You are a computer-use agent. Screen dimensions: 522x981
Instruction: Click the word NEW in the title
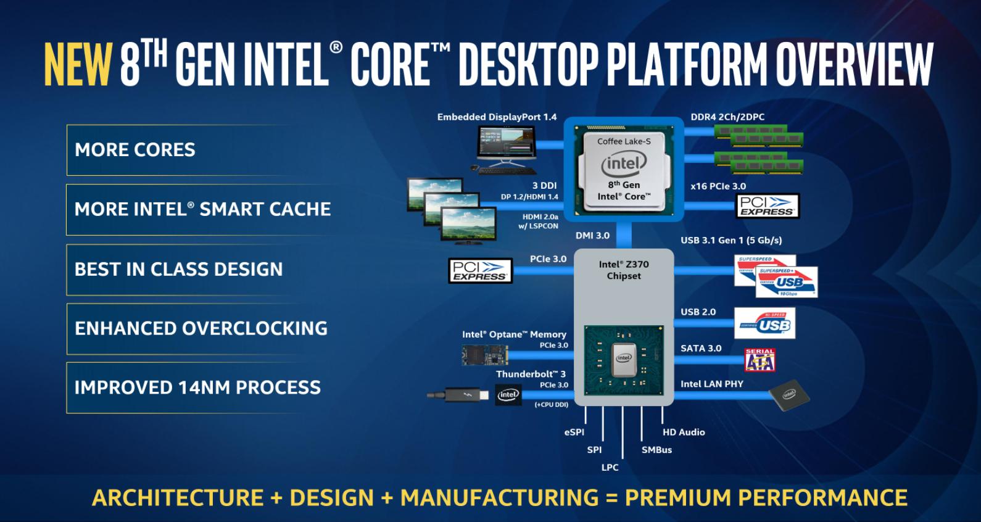click(x=78, y=64)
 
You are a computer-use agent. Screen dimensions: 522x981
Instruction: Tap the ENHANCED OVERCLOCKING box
click(x=201, y=328)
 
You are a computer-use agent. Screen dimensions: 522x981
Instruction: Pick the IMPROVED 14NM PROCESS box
click(x=197, y=387)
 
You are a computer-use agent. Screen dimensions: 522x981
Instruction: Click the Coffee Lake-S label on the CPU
click(x=624, y=141)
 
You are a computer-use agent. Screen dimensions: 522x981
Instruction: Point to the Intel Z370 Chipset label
click(x=624, y=270)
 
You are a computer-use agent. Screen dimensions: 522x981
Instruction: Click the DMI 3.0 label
click(x=592, y=236)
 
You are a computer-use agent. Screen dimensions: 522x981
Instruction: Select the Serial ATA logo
click(x=760, y=360)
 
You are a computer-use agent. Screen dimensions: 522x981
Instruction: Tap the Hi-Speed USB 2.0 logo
click(x=765, y=324)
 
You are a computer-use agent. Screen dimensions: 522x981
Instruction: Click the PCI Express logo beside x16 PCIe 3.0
click(x=768, y=206)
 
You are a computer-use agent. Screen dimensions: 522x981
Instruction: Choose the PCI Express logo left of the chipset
click(x=481, y=271)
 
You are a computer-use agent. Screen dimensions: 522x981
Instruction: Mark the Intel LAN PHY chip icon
click(x=789, y=394)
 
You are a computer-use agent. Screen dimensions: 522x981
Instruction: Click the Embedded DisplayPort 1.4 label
click(x=497, y=117)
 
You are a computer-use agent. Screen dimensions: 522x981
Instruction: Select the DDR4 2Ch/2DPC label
click(x=727, y=117)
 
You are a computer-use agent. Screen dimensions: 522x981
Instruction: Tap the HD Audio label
click(x=684, y=433)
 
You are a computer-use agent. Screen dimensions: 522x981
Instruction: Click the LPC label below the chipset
click(x=610, y=468)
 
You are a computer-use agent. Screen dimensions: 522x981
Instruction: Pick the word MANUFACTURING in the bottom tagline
click(x=500, y=498)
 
